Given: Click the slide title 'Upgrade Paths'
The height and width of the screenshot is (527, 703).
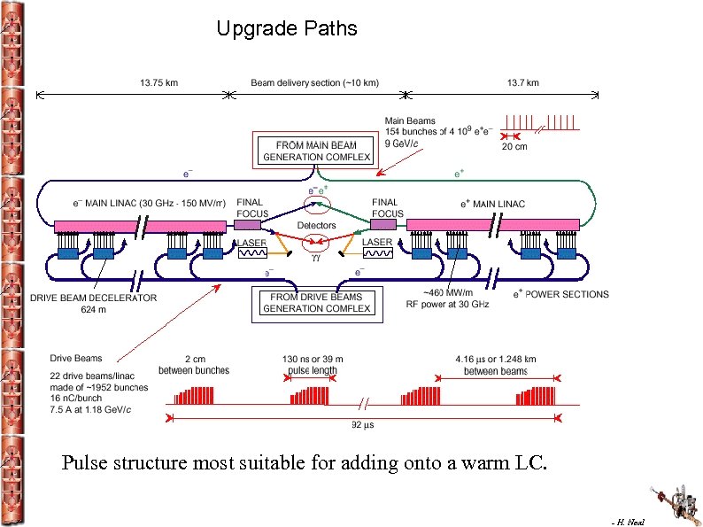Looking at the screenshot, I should click(x=287, y=29).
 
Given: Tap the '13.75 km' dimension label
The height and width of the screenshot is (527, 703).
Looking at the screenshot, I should click(x=158, y=82).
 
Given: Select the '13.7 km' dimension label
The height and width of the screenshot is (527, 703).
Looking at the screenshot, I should click(x=522, y=82).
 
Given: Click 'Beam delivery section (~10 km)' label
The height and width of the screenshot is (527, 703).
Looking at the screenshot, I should click(x=315, y=82).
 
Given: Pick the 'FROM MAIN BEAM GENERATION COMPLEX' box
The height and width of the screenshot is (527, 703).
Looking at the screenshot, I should click(x=315, y=151).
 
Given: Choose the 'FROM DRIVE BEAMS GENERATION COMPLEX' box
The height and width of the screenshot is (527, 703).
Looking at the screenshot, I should click(x=315, y=303).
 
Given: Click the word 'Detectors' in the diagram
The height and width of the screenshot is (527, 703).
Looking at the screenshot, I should click(x=316, y=226).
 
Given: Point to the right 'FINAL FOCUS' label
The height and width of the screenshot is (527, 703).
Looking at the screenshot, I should click(x=385, y=208).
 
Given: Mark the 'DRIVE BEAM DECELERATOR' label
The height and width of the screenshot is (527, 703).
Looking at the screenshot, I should click(x=93, y=298).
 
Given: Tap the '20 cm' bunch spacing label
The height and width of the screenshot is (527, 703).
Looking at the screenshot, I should click(x=514, y=147).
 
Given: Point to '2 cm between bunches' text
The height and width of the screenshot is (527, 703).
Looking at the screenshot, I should click(x=195, y=365).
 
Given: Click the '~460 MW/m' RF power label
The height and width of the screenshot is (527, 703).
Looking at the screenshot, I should click(x=448, y=293).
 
